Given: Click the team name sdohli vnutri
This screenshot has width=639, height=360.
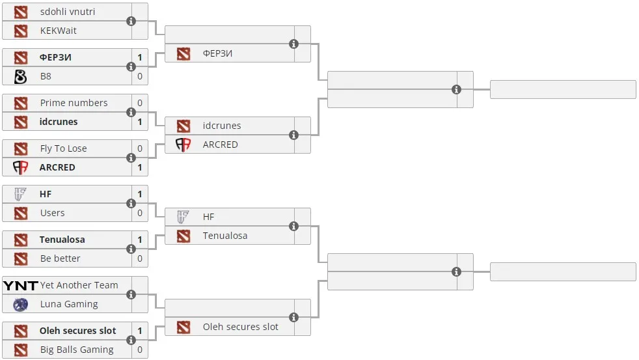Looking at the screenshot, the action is (68, 12).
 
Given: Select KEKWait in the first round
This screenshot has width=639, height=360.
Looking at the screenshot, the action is (59, 31).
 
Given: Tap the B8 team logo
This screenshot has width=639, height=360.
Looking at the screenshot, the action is (20, 76).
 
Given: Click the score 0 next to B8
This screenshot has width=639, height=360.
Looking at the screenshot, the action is (140, 76).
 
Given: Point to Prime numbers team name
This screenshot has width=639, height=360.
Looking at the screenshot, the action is (74, 103).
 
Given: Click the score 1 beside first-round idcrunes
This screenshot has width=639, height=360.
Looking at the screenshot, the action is (140, 122).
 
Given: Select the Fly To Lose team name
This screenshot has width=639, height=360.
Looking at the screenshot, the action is (64, 148).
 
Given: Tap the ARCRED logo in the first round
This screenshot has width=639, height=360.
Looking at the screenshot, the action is (20, 167).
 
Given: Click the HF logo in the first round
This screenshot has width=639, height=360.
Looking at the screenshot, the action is (20, 194).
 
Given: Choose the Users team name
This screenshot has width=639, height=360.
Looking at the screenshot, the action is (52, 213).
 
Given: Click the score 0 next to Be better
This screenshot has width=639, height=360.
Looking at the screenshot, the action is (140, 258).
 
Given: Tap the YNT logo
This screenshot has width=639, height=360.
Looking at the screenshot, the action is (20, 285).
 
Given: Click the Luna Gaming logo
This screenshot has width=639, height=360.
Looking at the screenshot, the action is (20, 304).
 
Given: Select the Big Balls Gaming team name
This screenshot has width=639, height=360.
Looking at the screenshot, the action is (77, 350).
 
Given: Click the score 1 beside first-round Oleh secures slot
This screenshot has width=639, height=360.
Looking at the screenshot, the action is (140, 331).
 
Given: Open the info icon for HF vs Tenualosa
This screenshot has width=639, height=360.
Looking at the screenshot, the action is (294, 227).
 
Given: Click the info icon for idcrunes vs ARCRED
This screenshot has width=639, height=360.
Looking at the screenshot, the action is (294, 135).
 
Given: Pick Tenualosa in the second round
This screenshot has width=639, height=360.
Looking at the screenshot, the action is (225, 236).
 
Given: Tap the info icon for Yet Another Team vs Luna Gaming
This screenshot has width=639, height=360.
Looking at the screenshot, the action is (131, 294).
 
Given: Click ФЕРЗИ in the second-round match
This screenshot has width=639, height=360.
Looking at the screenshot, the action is (217, 53).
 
